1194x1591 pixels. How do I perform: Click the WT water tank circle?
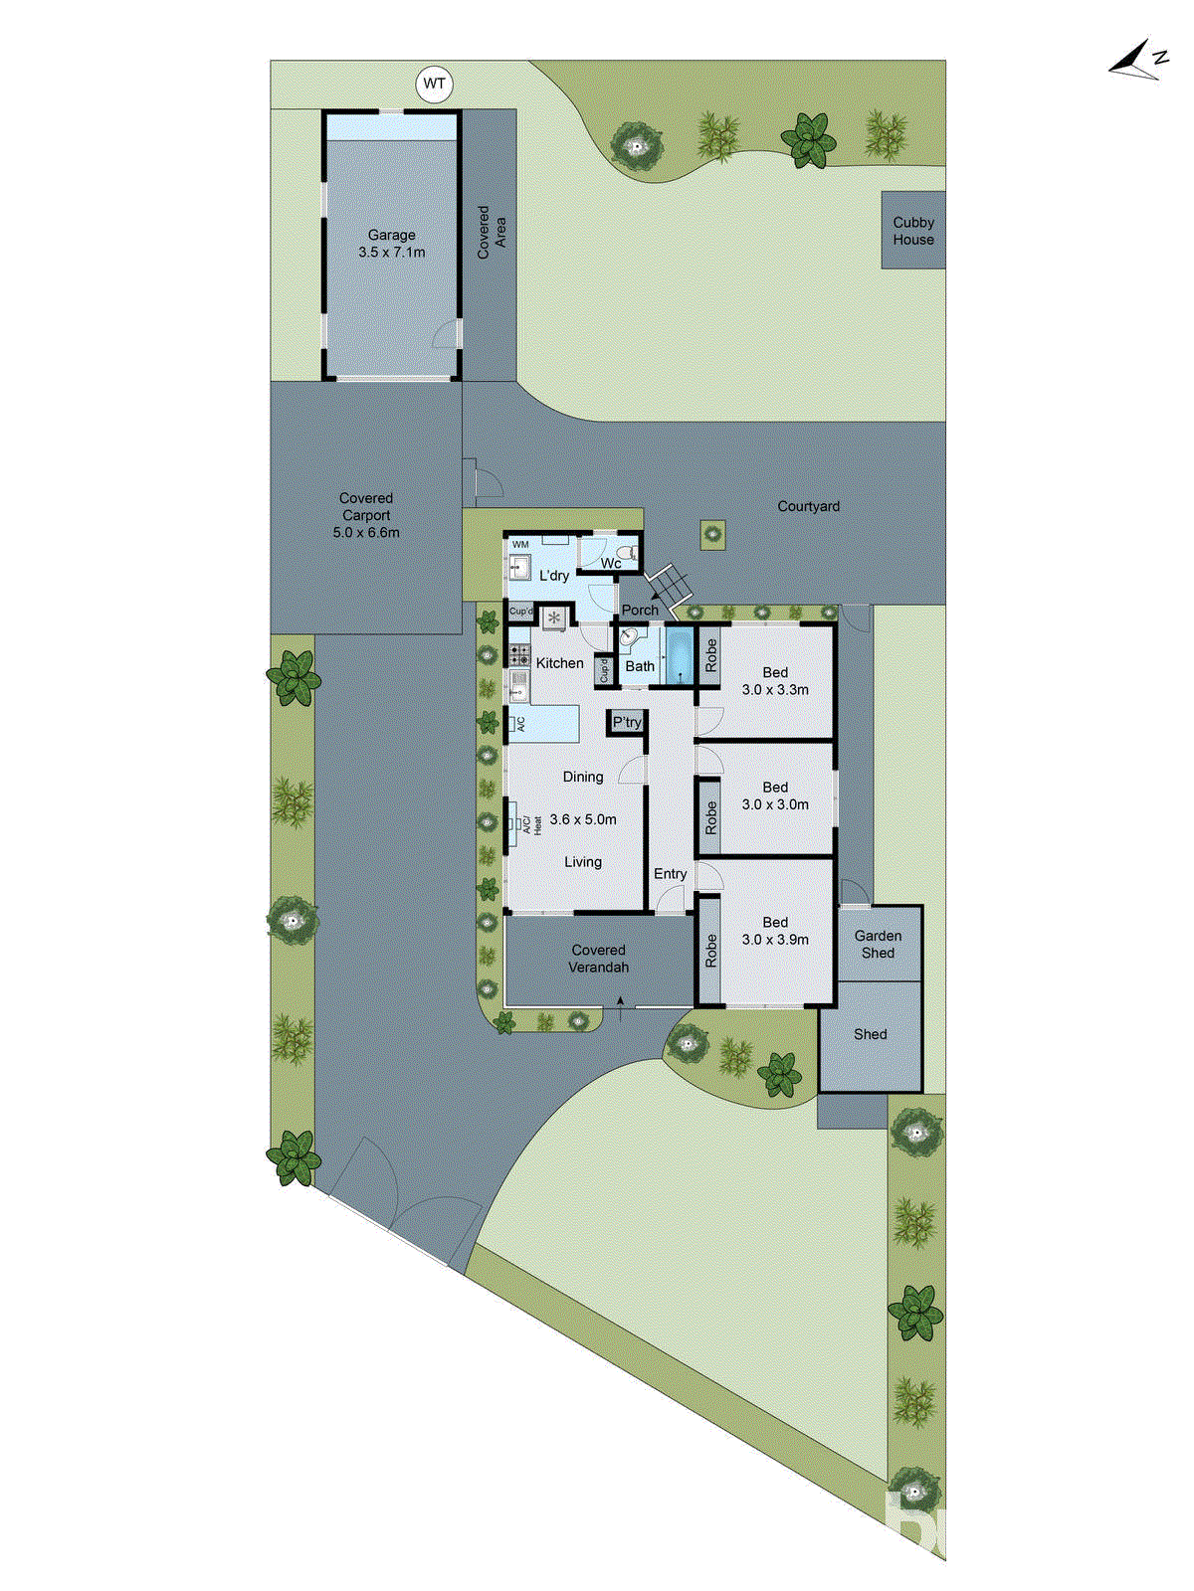[x=434, y=84]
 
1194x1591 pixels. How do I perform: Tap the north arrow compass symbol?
[x=1137, y=62]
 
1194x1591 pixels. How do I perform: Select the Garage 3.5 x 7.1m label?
[x=392, y=244]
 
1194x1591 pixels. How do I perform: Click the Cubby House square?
[x=913, y=231]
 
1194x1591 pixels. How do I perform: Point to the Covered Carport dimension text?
[x=366, y=533]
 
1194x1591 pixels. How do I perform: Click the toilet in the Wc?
[x=627, y=553]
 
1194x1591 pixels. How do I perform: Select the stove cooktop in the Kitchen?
[x=519, y=654]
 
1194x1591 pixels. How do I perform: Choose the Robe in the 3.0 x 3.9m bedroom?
[x=709, y=951]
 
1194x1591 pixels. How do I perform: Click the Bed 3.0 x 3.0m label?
[x=775, y=795]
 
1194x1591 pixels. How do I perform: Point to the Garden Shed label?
[x=878, y=944]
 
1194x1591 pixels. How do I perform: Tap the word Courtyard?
[x=808, y=506]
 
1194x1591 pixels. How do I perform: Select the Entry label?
[x=671, y=874]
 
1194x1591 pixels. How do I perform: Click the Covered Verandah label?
[x=598, y=959]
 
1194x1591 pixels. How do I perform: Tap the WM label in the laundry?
[x=520, y=545]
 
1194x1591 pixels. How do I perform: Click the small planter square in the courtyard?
[x=712, y=534]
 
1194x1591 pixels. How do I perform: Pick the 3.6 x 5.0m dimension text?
[x=583, y=819]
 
